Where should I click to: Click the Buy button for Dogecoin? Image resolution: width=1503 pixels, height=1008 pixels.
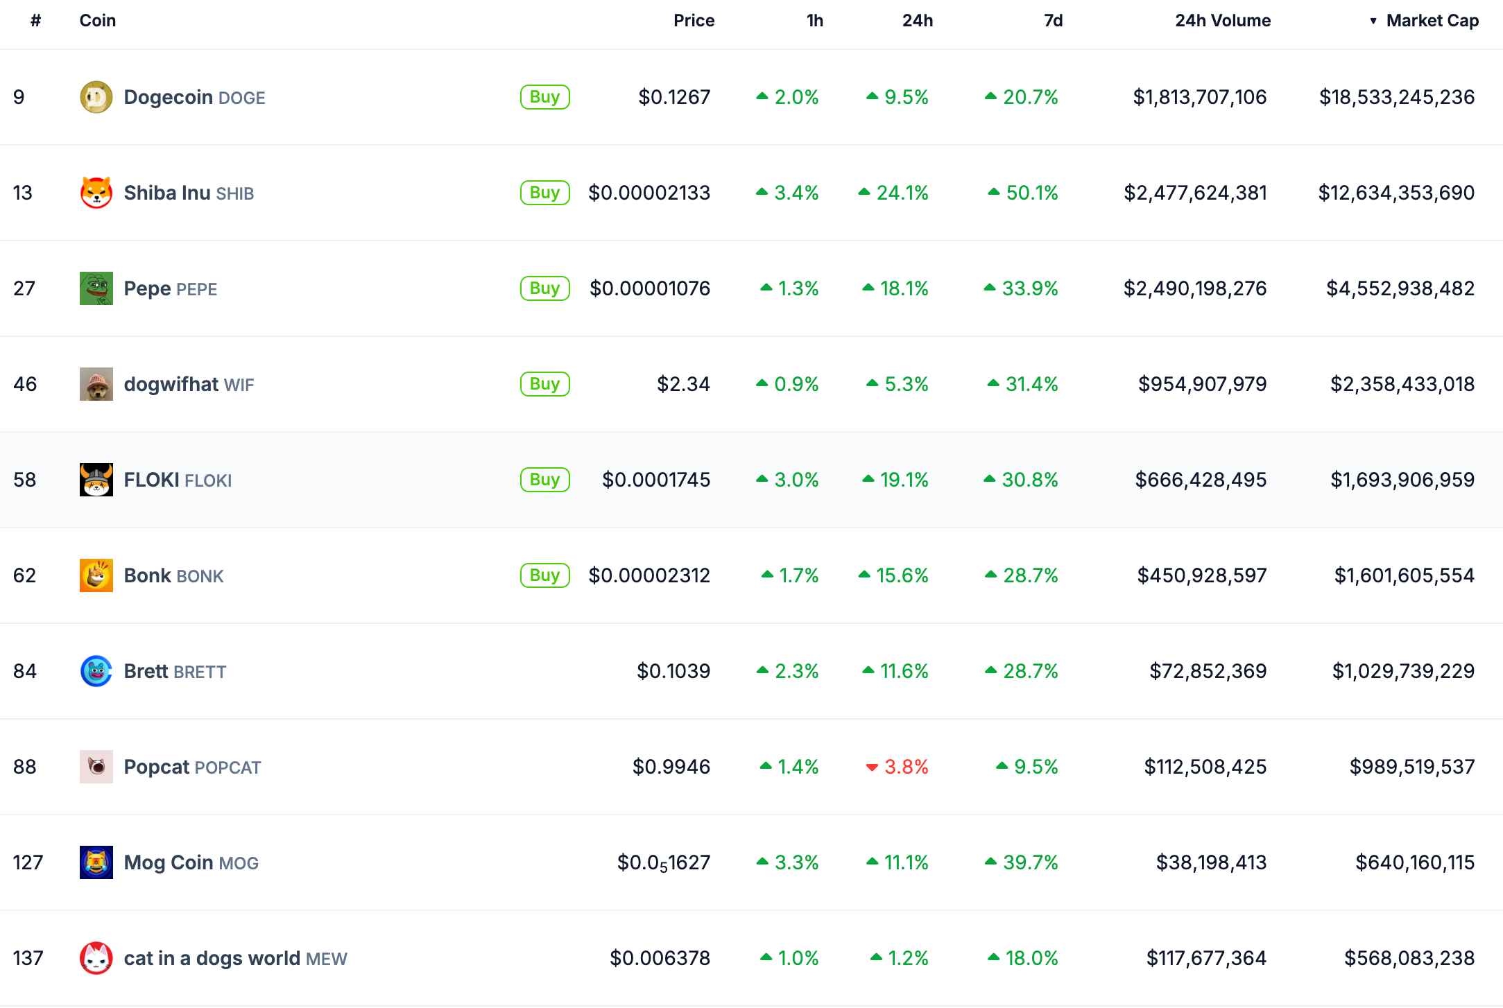(x=545, y=97)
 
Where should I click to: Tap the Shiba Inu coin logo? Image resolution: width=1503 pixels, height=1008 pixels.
(x=96, y=193)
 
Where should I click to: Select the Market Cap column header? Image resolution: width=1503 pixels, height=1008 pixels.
(x=1432, y=21)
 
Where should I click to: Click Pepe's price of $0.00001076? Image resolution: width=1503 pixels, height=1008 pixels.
(x=650, y=288)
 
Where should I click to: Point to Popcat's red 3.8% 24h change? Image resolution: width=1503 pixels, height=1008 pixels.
(x=897, y=767)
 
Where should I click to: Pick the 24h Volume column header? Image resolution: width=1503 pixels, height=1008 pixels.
(x=1223, y=21)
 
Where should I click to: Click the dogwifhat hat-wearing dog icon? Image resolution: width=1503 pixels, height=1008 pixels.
(x=96, y=384)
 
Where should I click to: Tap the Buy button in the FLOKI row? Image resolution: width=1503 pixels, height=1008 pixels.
(x=545, y=480)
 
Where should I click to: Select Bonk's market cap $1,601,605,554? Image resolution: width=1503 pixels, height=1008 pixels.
(x=1405, y=575)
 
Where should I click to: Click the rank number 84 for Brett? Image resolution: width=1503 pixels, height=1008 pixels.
(x=25, y=671)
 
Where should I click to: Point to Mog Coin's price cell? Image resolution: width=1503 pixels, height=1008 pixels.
(x=664, y=862)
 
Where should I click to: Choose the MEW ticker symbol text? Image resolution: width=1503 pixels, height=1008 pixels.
(x=327, y=959)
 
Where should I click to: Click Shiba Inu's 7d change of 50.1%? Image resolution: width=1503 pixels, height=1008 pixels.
(x=1023, y=193)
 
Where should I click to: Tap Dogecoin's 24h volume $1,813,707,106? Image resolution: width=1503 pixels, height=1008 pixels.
(x=1200, y=97)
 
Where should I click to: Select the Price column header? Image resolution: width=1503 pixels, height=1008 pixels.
(x=694, y=21)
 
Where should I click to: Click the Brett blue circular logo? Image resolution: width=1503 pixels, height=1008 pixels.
(x=96, y=671)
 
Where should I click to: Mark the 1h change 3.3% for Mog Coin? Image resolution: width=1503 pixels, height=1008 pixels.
(x=787, y=862)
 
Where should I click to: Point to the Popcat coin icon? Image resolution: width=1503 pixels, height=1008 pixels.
(x=96, y=767)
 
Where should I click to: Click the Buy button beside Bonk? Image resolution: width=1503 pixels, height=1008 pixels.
(x=545, y=575)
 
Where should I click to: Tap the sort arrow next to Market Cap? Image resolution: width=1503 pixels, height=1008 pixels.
(x=1373, y=21)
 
